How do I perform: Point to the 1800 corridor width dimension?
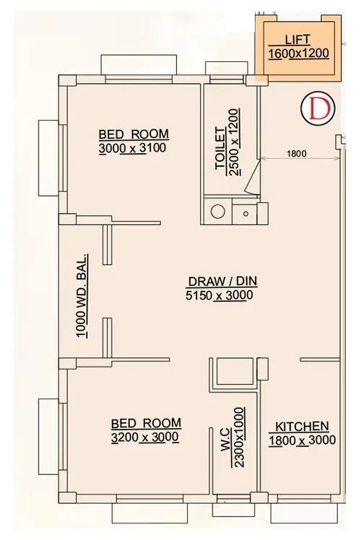click(x=296, y=152)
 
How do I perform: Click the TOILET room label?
click(x=220, y=152)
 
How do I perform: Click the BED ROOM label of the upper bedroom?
click(x=134, y=134)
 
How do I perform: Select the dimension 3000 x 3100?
click(x=134, y=149)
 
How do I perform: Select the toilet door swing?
click(x=252, y=179)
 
